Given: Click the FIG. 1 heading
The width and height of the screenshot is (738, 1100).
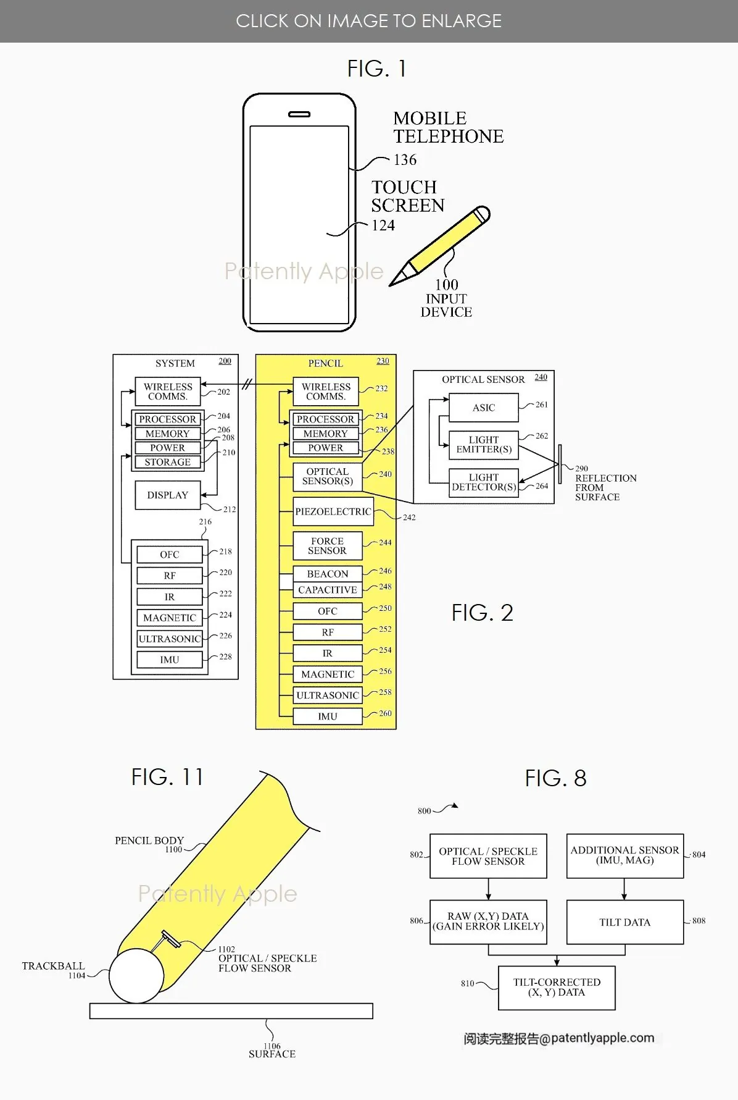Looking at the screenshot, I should [376, 69].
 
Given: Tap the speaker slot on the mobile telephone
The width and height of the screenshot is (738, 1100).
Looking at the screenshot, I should [299, 114].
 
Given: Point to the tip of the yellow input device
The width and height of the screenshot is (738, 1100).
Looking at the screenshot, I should [391, 285].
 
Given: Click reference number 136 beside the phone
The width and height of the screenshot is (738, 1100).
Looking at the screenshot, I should [405, 160].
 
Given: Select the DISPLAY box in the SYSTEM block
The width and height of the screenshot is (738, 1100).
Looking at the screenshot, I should [168, 495].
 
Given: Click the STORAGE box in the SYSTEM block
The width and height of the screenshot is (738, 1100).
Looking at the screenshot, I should [167, 462].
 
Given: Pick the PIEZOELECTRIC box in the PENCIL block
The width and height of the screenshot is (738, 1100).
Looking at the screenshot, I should [333, 511].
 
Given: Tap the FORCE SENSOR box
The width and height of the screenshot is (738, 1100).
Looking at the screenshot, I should [327, 546].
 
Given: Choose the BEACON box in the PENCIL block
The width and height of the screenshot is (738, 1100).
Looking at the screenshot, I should [328, 574].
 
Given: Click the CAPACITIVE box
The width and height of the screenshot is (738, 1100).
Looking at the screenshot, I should [328, 590].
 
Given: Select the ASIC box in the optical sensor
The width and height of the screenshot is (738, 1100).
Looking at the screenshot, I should [484, 408].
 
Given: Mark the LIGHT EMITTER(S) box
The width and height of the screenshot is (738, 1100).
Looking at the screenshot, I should [484, 445].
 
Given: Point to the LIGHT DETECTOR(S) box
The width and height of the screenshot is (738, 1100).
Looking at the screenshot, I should [484, 482].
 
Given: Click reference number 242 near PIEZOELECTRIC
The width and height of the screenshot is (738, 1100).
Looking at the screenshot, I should [409, 518].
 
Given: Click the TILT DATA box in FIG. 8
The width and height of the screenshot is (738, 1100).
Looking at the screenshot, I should [624, 922].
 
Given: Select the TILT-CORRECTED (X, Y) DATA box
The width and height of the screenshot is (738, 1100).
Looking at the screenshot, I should [556, 988].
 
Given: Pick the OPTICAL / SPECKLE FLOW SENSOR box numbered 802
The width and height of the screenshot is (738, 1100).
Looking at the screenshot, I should [488, 856].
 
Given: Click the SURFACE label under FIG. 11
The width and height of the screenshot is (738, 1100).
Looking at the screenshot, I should [272, 1054].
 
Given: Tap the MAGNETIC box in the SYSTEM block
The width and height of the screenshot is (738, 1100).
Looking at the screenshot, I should [170, 618].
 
